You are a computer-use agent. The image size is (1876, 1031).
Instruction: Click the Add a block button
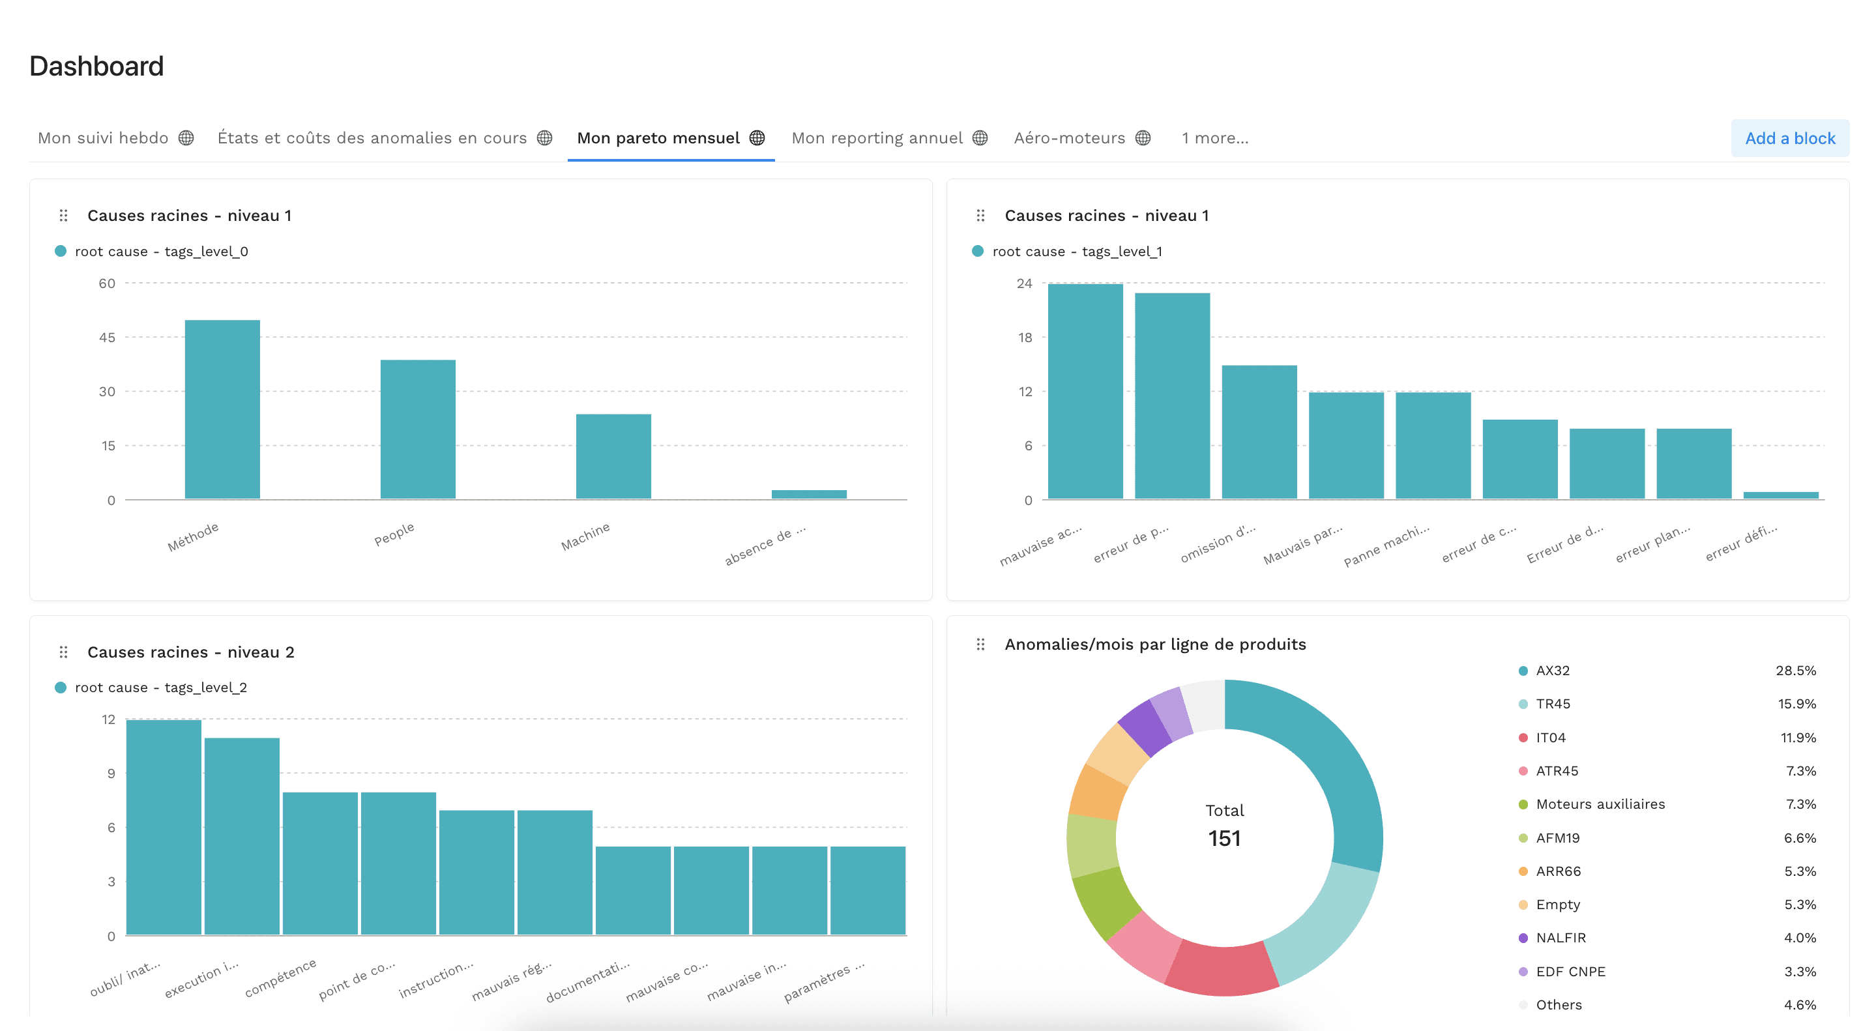(1789, 138)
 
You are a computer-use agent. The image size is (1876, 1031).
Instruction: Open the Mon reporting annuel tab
(877, 138)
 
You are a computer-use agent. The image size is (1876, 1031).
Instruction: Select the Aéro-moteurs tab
(1069, 138)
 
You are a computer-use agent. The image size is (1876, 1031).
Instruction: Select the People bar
(417, 429)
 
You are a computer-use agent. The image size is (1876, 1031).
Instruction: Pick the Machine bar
(613, 457)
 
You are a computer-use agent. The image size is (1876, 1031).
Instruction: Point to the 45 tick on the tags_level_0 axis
(107, 337)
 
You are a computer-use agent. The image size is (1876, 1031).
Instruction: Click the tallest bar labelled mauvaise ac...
(1085, 391)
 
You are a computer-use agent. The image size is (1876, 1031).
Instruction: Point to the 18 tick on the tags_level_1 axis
(1025, 337)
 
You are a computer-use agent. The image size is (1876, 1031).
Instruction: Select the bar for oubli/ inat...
(163, 827)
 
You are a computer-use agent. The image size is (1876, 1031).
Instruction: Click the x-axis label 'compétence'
(280, 978)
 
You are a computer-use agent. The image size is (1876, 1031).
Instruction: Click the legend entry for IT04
(1551, 738)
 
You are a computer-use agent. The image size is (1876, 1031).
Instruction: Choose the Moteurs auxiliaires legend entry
(1600, 804)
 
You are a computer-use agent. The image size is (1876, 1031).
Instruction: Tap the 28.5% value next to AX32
(1795, 671)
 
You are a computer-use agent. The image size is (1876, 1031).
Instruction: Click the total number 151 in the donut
(1224, 838)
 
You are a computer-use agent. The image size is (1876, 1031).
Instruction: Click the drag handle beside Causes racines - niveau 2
(63, 652)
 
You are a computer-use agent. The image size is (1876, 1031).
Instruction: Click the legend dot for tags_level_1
(977, 251)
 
